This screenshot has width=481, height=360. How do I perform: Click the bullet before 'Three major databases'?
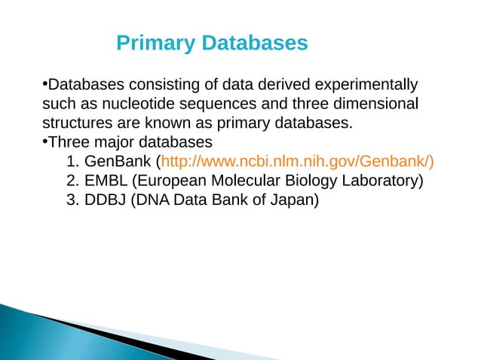click(x=45, y=140)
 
